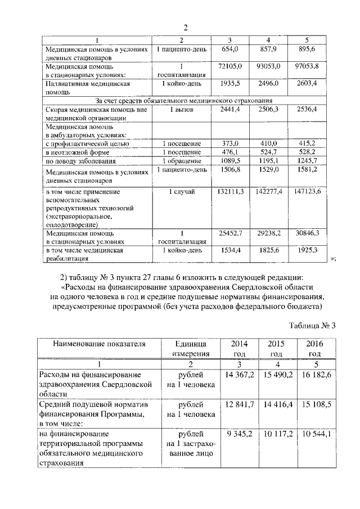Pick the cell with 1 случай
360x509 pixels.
(182, 192)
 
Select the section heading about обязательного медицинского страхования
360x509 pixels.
(180, 100)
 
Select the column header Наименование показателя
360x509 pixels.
(92, 344)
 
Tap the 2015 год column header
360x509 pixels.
(276, 348)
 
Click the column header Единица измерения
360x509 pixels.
(187, 348)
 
